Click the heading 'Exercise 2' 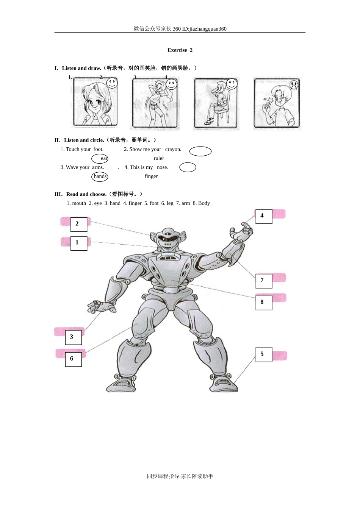click(180, 50)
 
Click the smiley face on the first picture click(112, 83)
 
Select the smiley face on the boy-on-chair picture click(232, 84)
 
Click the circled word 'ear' click(100, 158)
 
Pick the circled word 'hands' click(100, 176)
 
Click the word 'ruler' click(159, 158)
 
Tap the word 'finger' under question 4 click(151, 176)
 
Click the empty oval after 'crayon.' click(200, 151)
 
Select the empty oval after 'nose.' click(188, 167)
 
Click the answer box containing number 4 click(264, 216)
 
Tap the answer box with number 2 click(79, 224)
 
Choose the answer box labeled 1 click(79, 243)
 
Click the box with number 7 click(264, 281)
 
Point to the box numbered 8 click(264, 303)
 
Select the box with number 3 click(73, 337)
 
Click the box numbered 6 click(73, 359)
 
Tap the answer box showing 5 click(264, 355)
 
